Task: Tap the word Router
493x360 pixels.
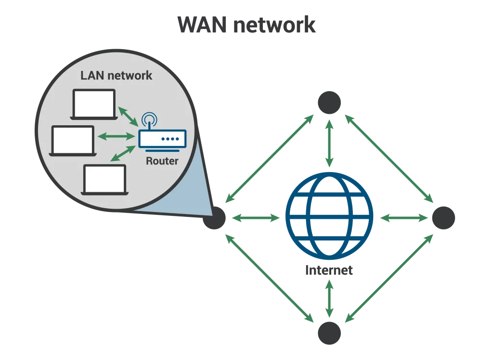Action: tap(162, 161)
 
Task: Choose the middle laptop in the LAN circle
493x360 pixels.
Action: tap(73, 140)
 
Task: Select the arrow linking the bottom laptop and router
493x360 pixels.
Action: tap(122, 153)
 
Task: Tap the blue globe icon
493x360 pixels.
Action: tap(329, 218)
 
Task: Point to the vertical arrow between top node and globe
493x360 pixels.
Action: tap(329, 143)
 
